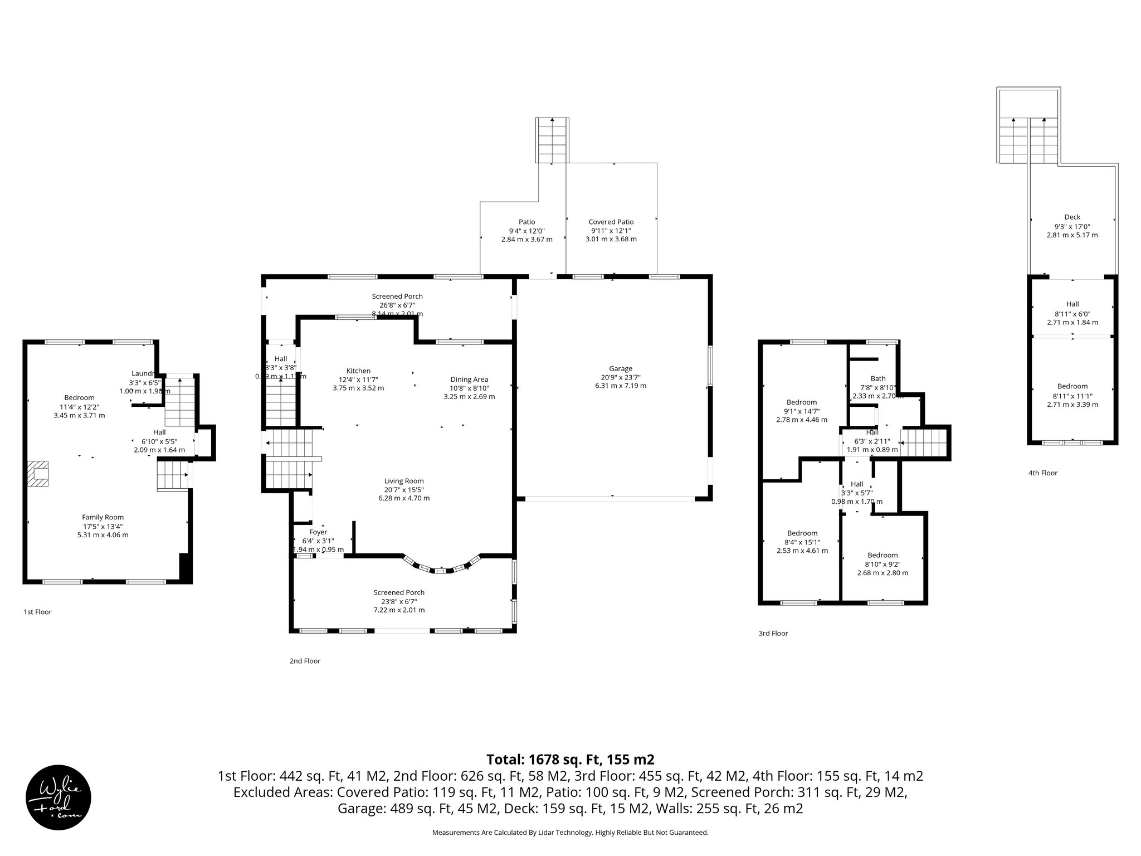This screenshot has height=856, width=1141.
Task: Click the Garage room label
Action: pyautogui.click(x=620, y=368)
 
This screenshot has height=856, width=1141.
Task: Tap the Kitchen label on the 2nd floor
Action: pyautogui.click(x=358, y=371)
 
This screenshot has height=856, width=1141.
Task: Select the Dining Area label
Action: pyautogui.click(x=469, y=380)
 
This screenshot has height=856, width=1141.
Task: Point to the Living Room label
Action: pyautogui.click(x=404, y=481)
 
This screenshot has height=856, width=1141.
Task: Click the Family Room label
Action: pyautogui.click(x=103, y=517)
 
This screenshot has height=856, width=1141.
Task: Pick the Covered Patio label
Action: pyautogui.click(x=611, y=222)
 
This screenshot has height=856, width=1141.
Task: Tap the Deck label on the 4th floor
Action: pyautogui.click(x=1072, y=217)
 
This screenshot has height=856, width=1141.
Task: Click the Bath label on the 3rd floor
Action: pyautogui.click(x=878, y=379)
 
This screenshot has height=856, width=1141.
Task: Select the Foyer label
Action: pyautogui.click(x=318, y=532)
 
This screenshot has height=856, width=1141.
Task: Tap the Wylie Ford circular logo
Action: pyautogui.click(x=58, y=797)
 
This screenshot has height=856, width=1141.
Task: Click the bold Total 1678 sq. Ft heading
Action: pyautogui.click(x=570, y=760)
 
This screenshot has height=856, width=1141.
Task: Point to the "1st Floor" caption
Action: pyautogui.click(x=37, y=612)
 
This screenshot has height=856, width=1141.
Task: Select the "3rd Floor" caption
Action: pyautogui.click(x=773, y=633)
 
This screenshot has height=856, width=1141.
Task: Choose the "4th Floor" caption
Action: pyautogui.click(x=1042, y=473)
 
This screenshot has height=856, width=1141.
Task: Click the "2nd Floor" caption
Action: pyautogui.click(x=305, y=661)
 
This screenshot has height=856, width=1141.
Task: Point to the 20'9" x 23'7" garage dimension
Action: pyautogui.click(x=620, y=377)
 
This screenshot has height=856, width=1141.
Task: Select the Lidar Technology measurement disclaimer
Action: pyautogui.click(x=570, y=833)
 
